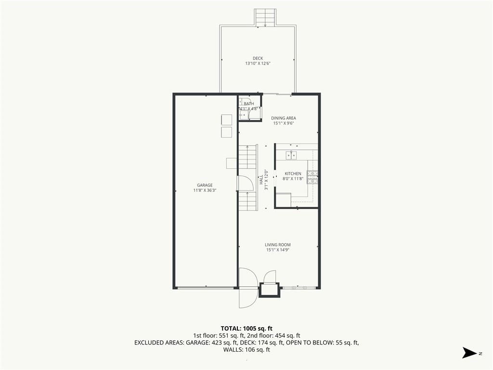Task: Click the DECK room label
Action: pos(258,58)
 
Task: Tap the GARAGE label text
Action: pos(205,185)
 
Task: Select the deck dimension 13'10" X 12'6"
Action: pos(258,64)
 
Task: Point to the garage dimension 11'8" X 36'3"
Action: pos(205,190)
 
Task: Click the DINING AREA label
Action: pos(284,119)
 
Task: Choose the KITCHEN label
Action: pos(293,173)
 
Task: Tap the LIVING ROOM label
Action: pos(278,245)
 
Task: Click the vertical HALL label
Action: pos(261,180)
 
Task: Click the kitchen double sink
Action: pos(291,156)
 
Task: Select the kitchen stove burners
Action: pos(312,177)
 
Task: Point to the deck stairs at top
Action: pos(265,18)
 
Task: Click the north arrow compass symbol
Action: pos(469,353)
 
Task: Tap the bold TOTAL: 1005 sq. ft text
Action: pos(246,329)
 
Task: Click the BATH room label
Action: pos(249,104)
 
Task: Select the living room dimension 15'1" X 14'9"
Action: pos(278,250)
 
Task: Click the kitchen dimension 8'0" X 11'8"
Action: pos(293,179)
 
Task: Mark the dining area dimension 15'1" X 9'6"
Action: pos(284,123)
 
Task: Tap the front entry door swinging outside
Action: pos(248,298)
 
